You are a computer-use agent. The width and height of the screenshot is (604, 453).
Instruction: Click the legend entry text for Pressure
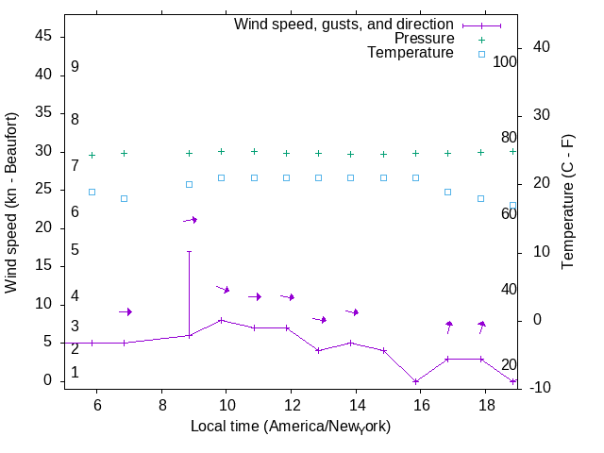(424, 39)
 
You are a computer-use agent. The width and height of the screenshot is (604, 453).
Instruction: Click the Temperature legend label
(411, 53)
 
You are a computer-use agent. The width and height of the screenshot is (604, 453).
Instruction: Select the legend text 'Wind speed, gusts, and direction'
(344, 25)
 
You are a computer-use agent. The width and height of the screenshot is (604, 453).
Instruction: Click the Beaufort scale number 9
(75, 67)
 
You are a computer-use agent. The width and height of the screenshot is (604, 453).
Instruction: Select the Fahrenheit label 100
(505, 61)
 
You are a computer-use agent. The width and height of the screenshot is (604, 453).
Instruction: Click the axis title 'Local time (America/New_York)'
(291, 427)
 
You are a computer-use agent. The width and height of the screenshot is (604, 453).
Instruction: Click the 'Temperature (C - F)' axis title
(568, 200)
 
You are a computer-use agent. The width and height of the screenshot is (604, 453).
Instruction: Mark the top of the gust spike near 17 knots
(189, 252)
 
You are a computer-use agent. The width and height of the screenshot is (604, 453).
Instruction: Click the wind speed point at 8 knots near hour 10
(221, 320)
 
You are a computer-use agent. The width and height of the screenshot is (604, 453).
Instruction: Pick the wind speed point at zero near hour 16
(415, 381)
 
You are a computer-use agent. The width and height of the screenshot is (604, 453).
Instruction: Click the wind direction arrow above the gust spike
(190, 220)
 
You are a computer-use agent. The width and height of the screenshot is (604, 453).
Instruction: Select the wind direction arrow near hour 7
(125, 311)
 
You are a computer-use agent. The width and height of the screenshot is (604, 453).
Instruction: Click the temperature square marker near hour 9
(189, 184)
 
